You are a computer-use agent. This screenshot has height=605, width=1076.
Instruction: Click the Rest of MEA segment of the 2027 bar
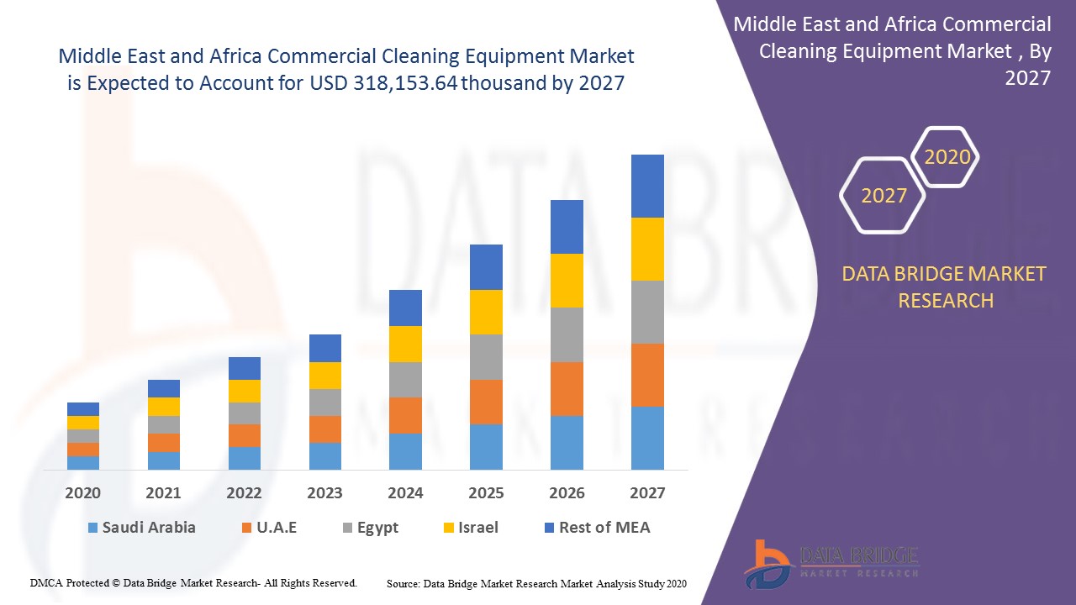click(x=647, y=186)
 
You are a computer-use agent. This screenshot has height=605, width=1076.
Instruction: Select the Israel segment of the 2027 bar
click(x=647, y=249)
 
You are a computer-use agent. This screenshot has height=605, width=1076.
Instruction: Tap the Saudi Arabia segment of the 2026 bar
click(x=567, y=442)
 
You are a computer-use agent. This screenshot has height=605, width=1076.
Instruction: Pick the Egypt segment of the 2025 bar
click(x=486, y=356)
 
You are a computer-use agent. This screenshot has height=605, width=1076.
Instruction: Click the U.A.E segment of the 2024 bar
click(x=405, y=415)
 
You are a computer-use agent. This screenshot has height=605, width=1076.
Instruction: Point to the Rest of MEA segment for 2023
click(x=325, y=348)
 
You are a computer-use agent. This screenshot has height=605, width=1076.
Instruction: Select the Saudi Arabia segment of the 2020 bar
click(x=83, y=462)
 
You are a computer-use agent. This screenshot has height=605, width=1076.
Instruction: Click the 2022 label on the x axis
click(x=244, y=493)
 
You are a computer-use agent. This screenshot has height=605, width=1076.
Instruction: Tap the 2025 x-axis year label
click(x=486, y=493)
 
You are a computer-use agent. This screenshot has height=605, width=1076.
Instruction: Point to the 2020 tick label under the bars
click(x=83, y=493)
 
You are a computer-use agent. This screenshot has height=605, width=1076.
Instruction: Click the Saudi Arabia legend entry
click(x=141, y=528)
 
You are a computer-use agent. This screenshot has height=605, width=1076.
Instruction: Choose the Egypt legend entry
click(x=370, y=528)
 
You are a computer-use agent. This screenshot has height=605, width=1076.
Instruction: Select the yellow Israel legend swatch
click(x=449, y=529)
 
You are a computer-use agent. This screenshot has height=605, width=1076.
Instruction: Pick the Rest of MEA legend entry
click(x=597, y=528)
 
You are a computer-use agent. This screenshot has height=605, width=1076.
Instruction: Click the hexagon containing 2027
click(x=883, y=196)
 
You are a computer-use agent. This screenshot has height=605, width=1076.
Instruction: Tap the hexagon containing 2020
click(x=947, y=157)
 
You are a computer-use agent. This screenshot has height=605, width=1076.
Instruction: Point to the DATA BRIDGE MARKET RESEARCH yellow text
click(x=945, y=287)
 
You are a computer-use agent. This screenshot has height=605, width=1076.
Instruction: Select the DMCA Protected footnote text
click(x=193, y=582)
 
